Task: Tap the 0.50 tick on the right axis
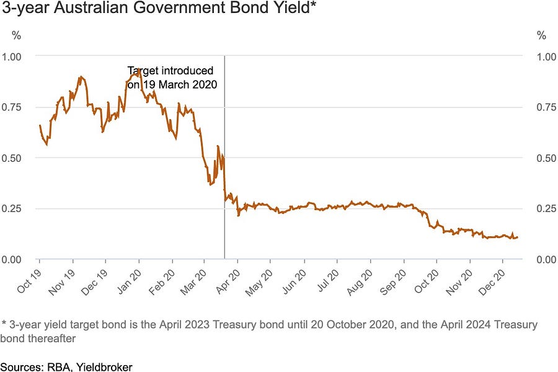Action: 546,158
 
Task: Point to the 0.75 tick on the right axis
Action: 546,107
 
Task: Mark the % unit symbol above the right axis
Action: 541,36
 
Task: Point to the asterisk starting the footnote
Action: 4,324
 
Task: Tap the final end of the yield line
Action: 518,237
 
